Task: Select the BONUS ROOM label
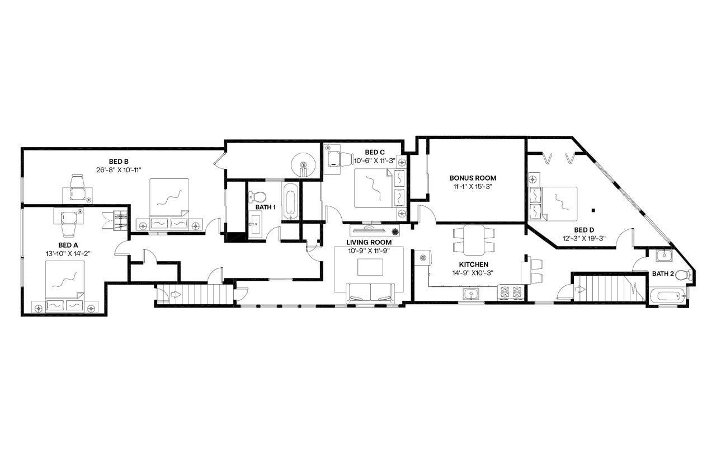473,178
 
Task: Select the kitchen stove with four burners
511,292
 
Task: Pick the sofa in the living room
370,292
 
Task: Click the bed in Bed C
374,188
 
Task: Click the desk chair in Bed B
77,182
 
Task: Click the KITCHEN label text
474,264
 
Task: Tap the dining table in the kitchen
473,239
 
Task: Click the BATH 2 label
663,273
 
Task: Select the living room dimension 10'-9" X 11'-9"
369,250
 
